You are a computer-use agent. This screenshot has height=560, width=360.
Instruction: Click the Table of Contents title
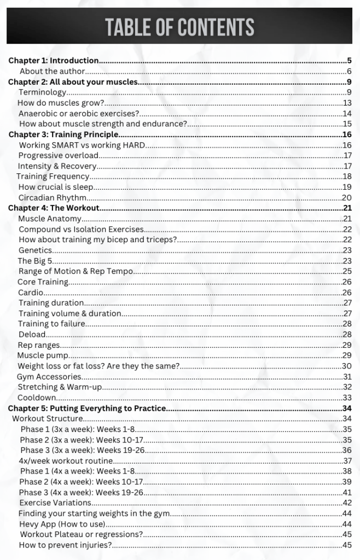point(179,27)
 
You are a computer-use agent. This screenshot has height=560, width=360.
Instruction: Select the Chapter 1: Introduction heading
point(54,61)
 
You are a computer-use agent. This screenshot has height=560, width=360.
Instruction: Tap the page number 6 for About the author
point(349,71)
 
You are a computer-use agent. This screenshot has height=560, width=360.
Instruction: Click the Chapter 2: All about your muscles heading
point(73,82)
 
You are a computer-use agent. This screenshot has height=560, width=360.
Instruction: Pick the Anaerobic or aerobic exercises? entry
point(79,114)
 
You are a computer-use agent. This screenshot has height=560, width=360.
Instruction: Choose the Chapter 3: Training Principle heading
point(63,135)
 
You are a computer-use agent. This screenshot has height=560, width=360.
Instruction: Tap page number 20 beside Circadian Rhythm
point(347,197)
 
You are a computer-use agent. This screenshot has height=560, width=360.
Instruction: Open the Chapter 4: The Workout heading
point(54,208)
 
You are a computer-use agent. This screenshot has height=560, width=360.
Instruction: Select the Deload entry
point(32,334)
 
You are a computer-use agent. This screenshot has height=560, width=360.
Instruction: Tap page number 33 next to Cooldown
point(347,398)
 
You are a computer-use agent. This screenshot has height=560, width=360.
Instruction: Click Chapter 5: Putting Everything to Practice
point(86,408)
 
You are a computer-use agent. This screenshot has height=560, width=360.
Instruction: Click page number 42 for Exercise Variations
point(347,503)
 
